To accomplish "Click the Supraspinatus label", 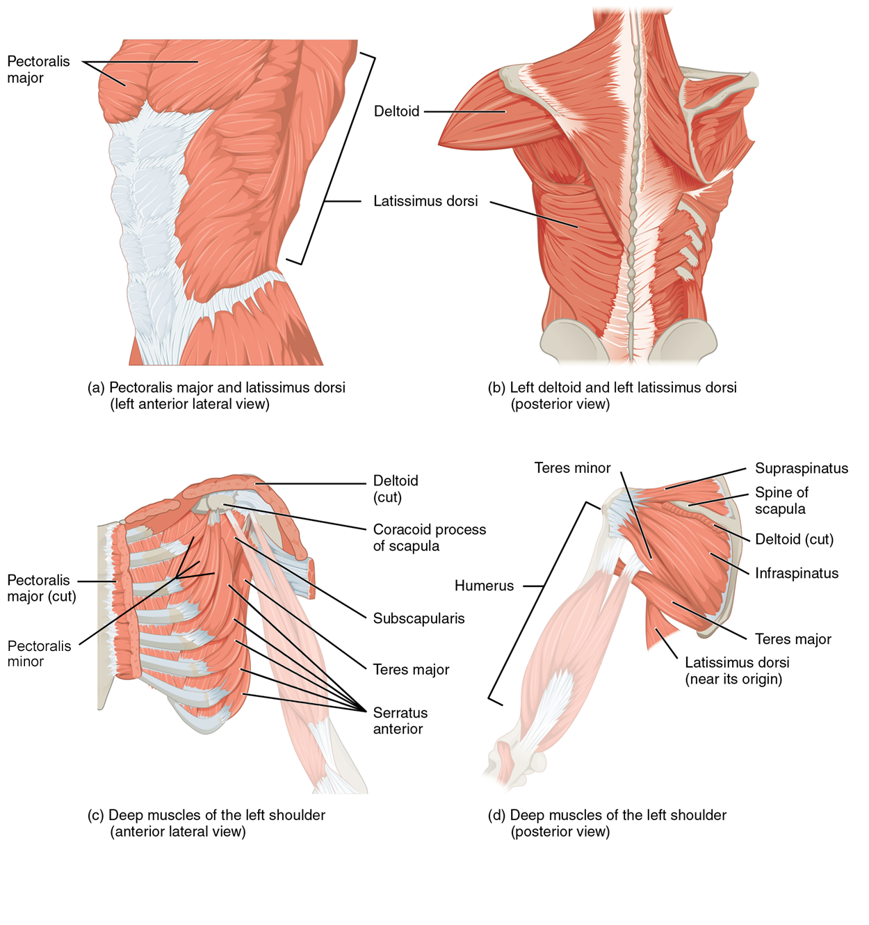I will pos(801,468).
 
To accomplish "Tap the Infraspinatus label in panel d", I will pos(796,573).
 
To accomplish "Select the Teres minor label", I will pos(572,468).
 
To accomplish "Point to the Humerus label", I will pos(484,586).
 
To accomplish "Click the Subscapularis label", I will pos(419,618).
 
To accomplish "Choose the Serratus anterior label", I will pos(400,721).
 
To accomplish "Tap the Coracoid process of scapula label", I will pos(429,538).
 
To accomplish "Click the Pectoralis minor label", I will pos(39,654).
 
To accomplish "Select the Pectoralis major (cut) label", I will pos(41,588).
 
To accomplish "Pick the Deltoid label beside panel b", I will pos(396,111).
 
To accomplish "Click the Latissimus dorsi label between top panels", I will pos(425,201).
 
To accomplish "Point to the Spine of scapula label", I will pos(781,501).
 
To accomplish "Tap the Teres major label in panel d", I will pos(793,639).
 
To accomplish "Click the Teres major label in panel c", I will pos(411,669).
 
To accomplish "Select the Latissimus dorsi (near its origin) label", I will pos(736,670).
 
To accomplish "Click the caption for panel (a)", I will pos(216,396).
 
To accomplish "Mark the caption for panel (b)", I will pos(612,396).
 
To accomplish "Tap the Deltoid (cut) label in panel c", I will pos(395,488).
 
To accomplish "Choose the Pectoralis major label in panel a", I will pos(38,70).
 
